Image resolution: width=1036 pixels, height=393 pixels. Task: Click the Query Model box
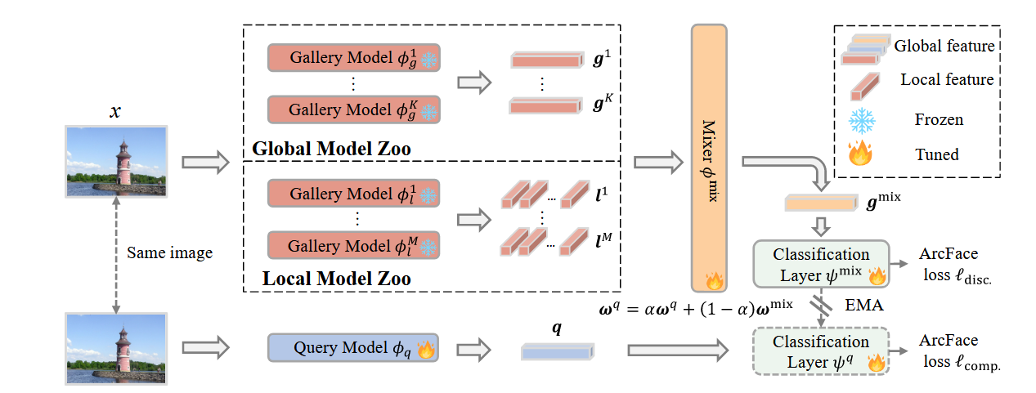(353, 348)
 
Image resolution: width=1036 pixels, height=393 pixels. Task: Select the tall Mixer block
(708, 158)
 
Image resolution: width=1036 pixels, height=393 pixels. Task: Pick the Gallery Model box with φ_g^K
(353, 109)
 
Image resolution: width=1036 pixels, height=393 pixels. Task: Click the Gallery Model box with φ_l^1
(353, 194)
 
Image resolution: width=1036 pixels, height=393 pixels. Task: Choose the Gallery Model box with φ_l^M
(353, 244)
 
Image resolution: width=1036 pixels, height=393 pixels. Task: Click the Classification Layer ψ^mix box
(820, 264)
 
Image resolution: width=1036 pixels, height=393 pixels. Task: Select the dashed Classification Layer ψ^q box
(820, 351)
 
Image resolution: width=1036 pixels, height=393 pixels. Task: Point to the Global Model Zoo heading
(331, 150)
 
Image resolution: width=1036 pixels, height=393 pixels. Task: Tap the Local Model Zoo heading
(336, 279)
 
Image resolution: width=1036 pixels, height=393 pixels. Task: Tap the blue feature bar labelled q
(556, 351)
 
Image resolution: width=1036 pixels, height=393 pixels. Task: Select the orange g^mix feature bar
(818, 203)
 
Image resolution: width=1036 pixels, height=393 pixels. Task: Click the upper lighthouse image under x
(116, 161)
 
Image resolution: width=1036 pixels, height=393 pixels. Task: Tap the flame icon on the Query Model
(426, 349)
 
